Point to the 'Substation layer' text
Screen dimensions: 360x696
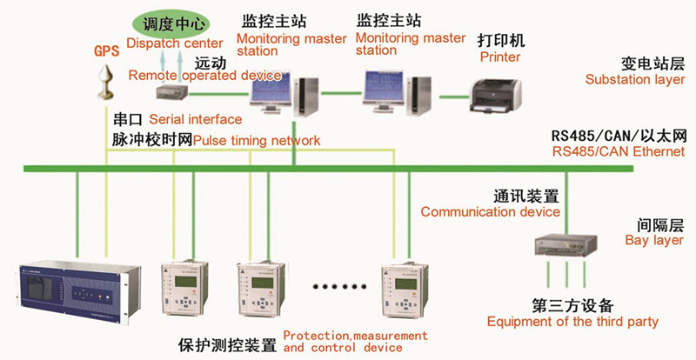pos(634,80)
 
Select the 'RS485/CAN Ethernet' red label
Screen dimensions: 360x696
pos(606,151)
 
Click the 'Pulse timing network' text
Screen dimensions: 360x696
pos(257,140)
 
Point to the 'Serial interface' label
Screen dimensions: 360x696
pos(196,118)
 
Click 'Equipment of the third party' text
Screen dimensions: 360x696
pos(572,322)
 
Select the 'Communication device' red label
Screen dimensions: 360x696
pos(490,211)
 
